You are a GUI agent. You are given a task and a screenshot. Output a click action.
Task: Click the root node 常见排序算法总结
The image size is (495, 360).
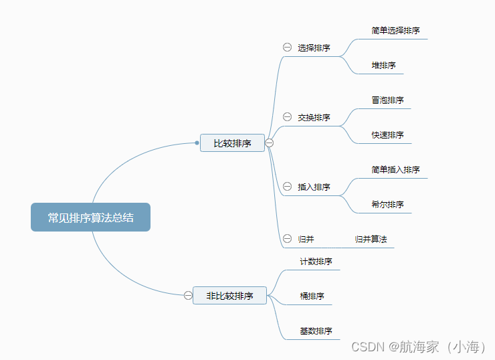click(x=90, y=217)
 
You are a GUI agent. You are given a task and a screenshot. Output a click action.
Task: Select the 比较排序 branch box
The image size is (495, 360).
click(x=232, y=143)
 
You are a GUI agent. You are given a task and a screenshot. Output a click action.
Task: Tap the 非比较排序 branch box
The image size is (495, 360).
click(x=229, y=295)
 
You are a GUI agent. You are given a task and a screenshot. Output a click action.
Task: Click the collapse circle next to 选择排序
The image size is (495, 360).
click(x=287, y=48)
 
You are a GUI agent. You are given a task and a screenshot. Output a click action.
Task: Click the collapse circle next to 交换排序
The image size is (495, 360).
click(x=287, y=117)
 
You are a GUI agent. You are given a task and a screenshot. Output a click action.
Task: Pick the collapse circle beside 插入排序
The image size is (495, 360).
click(x=287, y=187)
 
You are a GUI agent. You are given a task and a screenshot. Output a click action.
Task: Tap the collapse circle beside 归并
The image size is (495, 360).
click(x=287, y=239)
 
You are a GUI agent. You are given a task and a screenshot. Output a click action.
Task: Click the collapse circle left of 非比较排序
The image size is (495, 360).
click(x=188, y=295)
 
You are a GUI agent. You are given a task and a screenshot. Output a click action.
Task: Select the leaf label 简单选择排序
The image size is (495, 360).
click(x=395, y=31)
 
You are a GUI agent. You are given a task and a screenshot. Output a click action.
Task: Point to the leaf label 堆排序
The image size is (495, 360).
click(x=383, y=66)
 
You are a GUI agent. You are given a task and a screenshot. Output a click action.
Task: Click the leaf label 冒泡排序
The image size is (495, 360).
click(x=387, y=100)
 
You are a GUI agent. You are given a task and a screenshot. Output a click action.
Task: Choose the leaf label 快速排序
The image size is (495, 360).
click(x=387, y=135)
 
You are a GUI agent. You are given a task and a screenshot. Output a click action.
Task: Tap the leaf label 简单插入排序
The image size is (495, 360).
click(x=395, y=170)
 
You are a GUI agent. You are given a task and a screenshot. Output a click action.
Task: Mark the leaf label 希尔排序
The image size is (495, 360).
click(x=387, y=205)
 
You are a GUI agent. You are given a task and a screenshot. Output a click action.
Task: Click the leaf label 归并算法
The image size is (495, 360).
click(x=371, y=239)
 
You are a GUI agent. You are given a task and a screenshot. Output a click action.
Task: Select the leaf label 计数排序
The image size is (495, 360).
click(x=316, y=262)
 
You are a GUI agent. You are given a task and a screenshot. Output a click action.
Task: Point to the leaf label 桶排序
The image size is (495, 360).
click(x=312, y=296)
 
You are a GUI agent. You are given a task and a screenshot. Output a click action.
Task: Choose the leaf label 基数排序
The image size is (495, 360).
click(x=316, y=331)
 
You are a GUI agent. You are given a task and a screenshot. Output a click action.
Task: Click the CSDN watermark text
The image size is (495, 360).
click(x=418, y=347)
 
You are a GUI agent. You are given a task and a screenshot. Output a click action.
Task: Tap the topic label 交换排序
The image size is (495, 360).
click(x=314, y=118)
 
